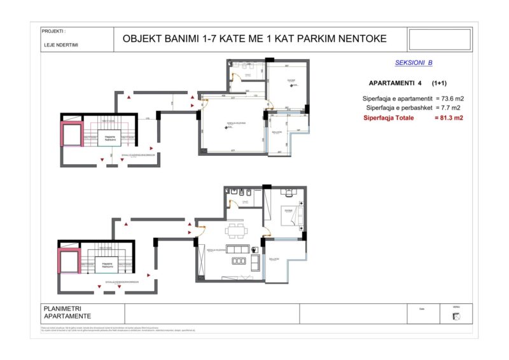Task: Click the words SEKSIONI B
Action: (414, 63)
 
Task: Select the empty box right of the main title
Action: (440, 39)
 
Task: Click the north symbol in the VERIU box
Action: (456, 317)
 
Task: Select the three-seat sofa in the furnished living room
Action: (240, 260)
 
